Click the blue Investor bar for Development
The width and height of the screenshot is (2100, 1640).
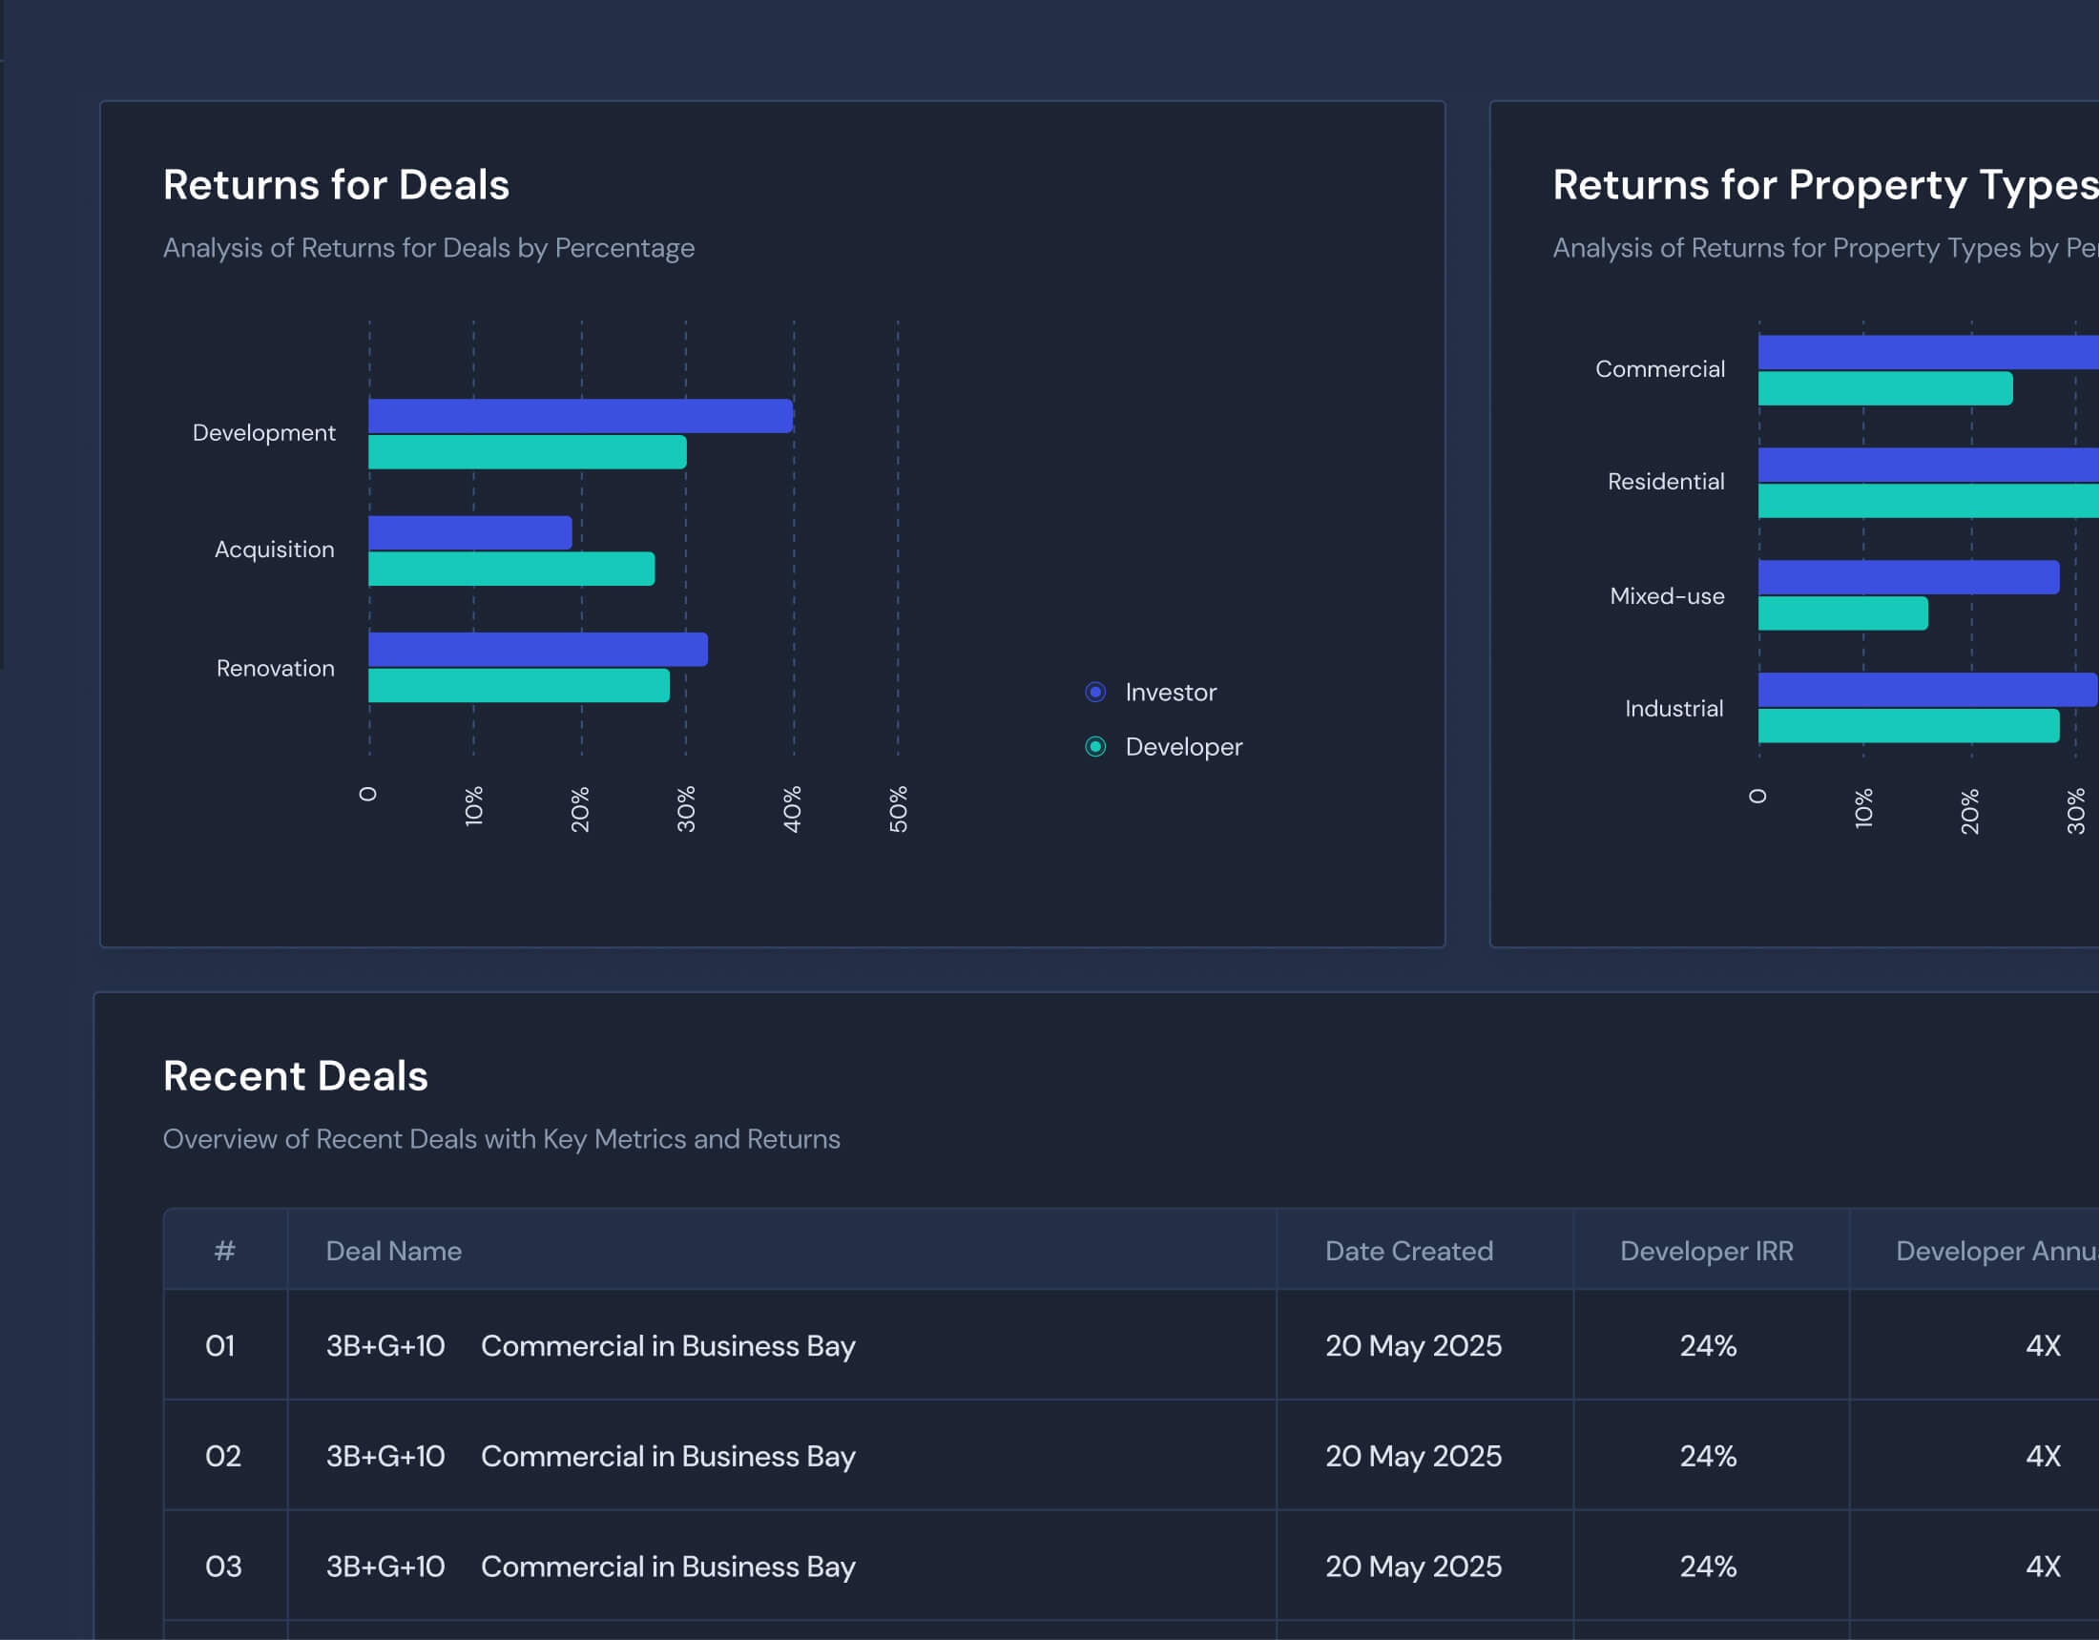(580, 415)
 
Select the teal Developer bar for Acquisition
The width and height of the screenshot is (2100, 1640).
(510, 570)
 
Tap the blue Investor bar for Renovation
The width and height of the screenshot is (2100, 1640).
(537, 649)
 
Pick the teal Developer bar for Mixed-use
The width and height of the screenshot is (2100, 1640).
(1842, 613)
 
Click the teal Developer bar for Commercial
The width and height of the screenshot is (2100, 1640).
(1884, 388)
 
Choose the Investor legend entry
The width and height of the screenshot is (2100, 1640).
(1151, 692)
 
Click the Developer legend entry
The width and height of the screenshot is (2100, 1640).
(1163, 747)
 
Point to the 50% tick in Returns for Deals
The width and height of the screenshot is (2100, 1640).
(898, 808)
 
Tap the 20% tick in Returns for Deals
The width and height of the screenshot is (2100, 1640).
(580, 808)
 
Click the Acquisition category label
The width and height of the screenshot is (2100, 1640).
(274, 549)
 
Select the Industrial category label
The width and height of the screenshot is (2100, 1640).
(1674, 709)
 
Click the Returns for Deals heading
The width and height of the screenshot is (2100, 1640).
(336, 184)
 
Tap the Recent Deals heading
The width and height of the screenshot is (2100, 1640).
(295, 1076)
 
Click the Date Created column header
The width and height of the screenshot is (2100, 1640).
(1408, 1251)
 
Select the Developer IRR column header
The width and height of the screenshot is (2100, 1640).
(1706, 1251)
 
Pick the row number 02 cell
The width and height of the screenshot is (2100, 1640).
(223, 1456)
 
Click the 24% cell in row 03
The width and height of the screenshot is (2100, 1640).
(1708, 1566)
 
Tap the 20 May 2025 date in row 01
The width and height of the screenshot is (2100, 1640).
(1412, 1345)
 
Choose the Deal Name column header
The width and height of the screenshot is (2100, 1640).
(393, 1251)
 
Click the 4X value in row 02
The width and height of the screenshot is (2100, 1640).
(2043, 1456)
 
